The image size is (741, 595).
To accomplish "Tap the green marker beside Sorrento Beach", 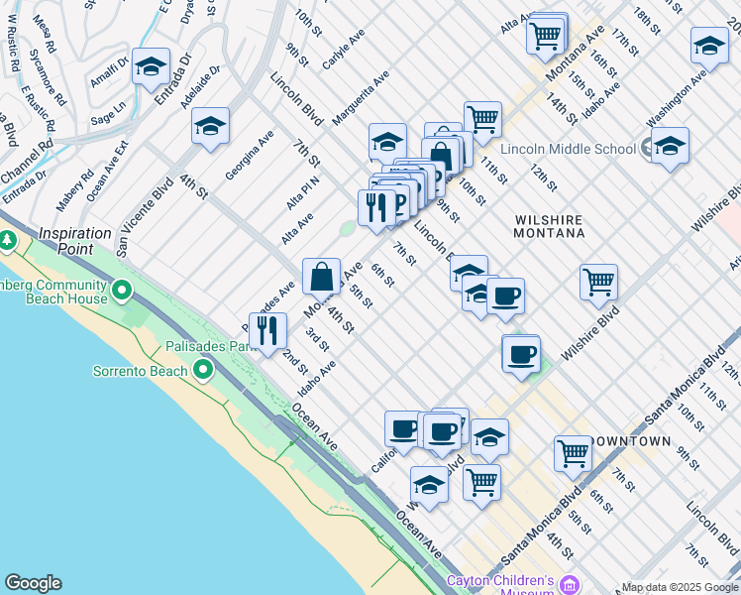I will coord(204,371).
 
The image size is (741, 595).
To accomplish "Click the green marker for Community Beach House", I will coord(122,291).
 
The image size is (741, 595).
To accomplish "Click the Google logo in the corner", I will coord(33,583).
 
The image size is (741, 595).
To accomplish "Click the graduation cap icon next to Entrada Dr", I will coord(151,67).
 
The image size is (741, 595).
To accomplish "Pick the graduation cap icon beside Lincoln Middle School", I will coord(670,146).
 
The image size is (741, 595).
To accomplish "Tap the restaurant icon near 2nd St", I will coord(266,329).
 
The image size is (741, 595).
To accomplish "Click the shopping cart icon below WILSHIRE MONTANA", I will coord(598,282).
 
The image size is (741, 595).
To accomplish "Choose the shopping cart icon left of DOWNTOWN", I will coord(573,453).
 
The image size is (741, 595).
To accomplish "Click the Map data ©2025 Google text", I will coord(680,587).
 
